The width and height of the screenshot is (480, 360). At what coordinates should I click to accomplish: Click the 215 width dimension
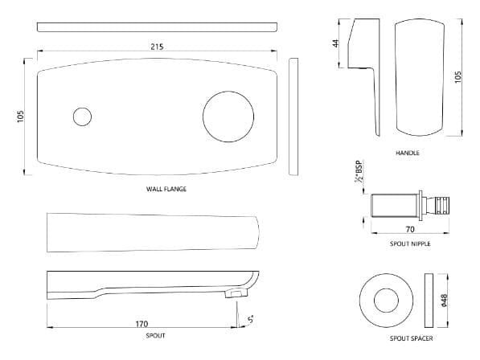coord(157,47)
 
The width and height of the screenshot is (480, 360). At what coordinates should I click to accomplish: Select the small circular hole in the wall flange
coord(82,117)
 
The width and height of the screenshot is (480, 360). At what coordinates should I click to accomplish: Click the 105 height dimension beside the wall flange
coord(22,117)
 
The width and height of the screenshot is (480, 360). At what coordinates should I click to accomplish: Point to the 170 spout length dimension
coord(142,324)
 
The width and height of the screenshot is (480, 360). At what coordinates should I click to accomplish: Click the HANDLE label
coord(408,153)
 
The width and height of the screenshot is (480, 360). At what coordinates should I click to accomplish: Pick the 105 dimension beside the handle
coord(460,78)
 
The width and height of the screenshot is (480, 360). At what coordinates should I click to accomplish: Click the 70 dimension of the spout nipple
coord(410,230)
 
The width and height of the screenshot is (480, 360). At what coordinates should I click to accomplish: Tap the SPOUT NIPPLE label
coord(409,243)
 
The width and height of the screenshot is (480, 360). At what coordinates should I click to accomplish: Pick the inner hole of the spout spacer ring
coord(383,298)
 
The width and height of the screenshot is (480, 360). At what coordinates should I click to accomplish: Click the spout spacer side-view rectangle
coord(428,298)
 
